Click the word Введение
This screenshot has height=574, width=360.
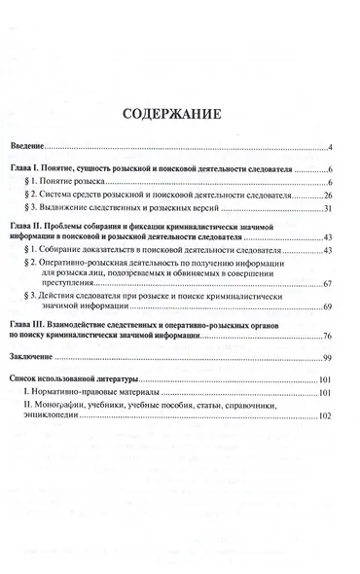click(x=43, y=147)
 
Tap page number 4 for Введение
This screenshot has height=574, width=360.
click(x=331, y=147)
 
